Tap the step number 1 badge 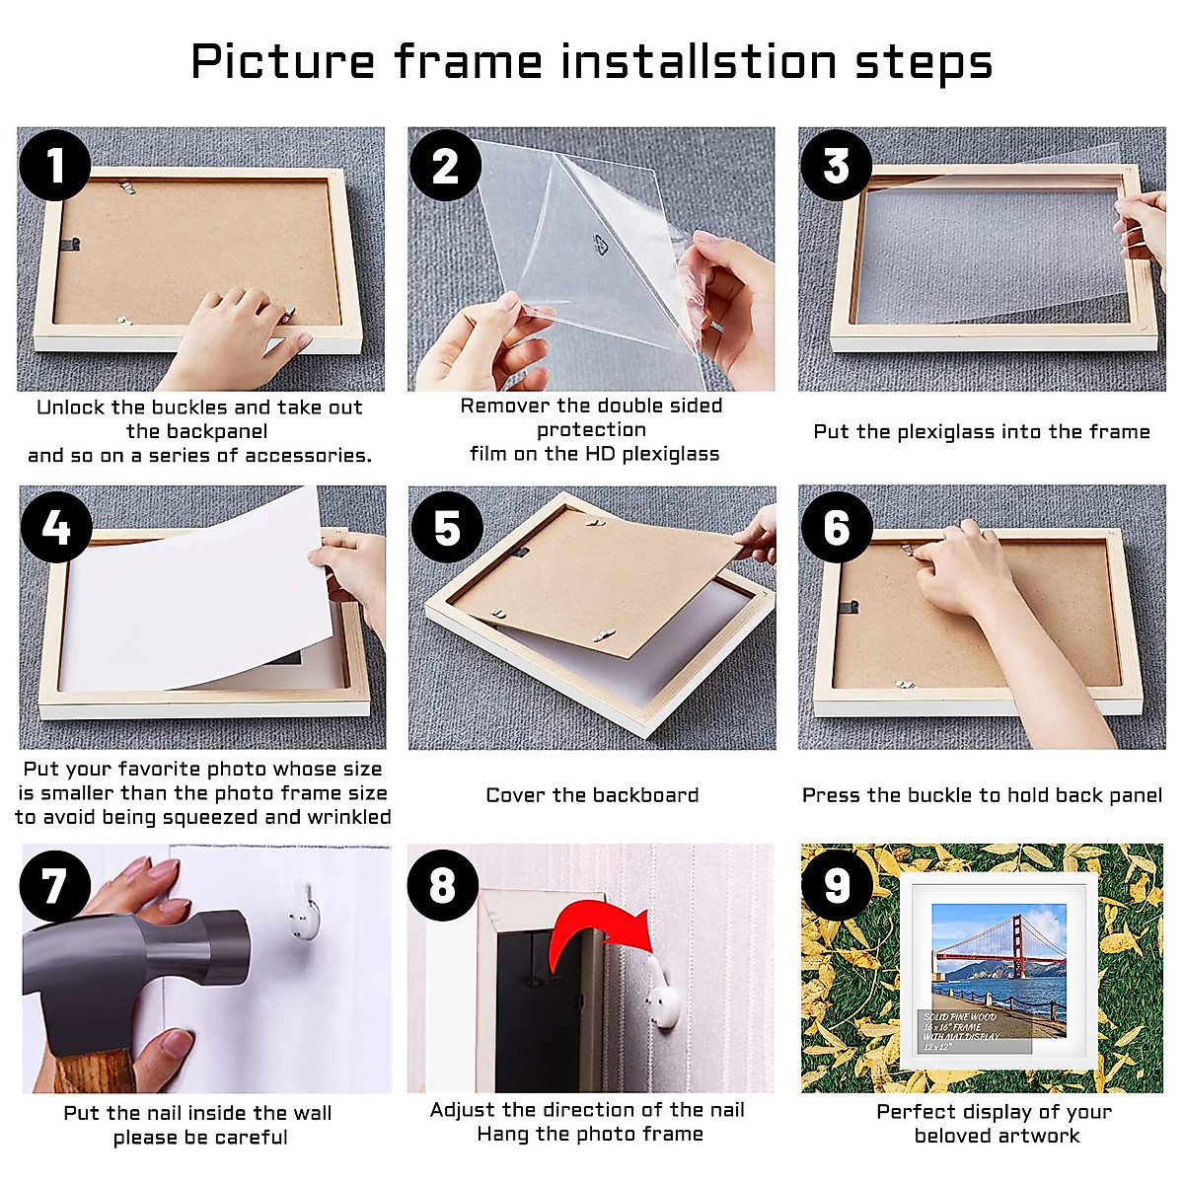pos(55,165)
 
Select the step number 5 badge pos(447,528)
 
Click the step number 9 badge pos(837,885)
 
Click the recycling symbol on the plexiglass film pos(600,245)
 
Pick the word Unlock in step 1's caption pos(71,407)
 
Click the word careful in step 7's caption pos(252,1138)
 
